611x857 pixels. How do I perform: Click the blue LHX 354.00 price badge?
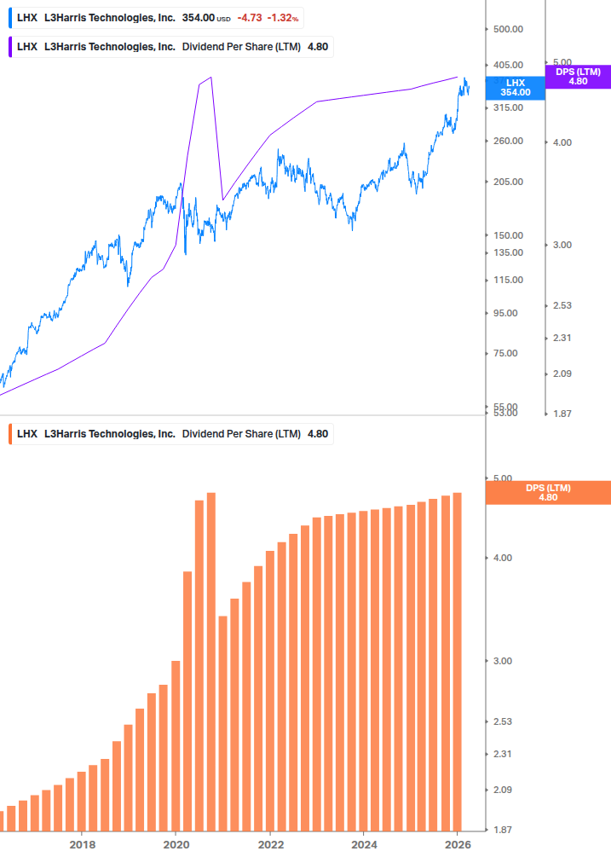(x=515, y=87)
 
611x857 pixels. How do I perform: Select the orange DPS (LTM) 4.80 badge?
(x=547, y=492)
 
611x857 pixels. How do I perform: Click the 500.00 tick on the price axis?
(x=507, y=29)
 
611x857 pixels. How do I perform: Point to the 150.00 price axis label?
(x=507, y=235)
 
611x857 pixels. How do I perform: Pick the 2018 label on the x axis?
(x=82, y=844)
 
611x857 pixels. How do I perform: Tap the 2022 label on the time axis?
(x=269, y=844)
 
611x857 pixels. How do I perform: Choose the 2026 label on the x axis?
(x=458, y=844)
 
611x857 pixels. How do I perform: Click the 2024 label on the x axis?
(x=364, y=844)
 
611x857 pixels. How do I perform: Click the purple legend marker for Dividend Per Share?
(x=10, y=46)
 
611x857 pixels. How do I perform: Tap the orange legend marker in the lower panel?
(x=10, y=433)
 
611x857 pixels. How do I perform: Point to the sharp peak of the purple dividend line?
(x=210, y=78)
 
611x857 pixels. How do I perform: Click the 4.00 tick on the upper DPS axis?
(x=562, y=142)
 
